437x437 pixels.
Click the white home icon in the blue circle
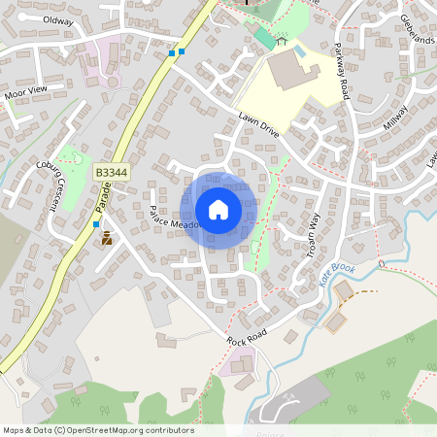point(218,210)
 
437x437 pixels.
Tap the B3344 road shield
point(111,172)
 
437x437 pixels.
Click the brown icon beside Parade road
point(107,236)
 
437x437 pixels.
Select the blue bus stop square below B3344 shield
point(96,223)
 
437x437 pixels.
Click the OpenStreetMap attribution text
point(97,430)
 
